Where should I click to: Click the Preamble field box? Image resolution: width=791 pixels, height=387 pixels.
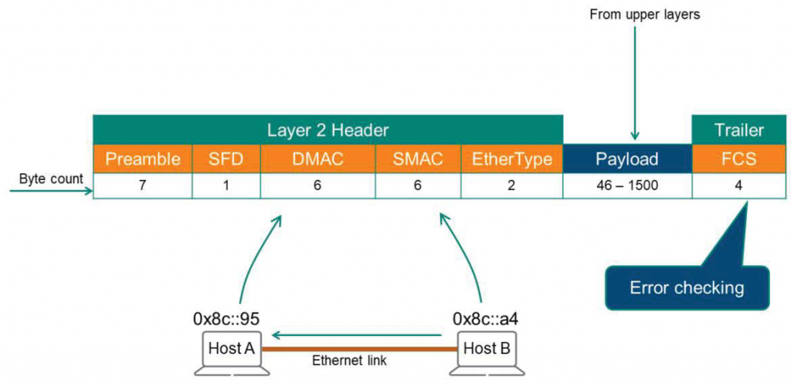(143, 159)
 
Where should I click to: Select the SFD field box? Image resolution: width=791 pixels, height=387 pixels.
(226, 159)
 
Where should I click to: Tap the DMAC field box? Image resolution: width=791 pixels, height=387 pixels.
(318, 159)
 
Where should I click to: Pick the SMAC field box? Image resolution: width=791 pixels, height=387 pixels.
(418, 159)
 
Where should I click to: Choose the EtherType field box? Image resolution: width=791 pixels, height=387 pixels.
(511, 159)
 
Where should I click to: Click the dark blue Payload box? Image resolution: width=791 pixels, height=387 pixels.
(626, 159)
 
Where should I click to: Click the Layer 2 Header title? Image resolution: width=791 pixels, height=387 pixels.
(328, 130)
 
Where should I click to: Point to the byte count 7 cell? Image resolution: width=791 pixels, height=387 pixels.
(143, 186)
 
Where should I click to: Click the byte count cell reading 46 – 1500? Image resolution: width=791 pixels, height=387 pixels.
(626, 186)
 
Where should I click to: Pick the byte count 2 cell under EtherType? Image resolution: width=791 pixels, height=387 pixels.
(511, 186)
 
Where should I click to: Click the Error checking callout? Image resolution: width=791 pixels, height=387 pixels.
(687, 288)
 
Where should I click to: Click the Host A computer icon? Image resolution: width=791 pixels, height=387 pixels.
(231, 352)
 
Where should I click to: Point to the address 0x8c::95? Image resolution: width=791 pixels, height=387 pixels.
(229, 318)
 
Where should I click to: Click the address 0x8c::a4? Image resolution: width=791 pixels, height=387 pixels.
(487, 318)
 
